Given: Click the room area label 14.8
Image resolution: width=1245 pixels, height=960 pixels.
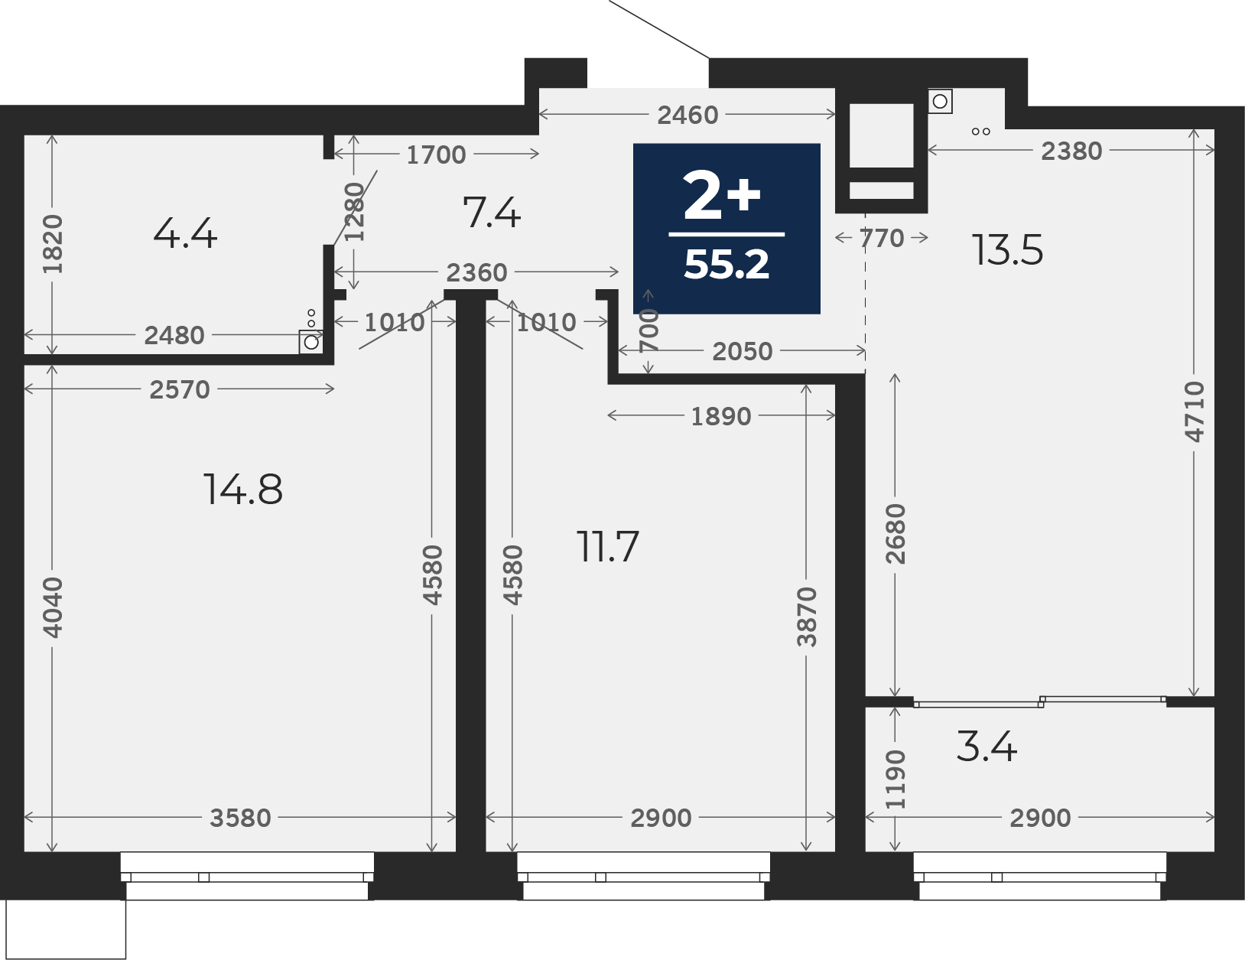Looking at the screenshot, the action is [243, 490].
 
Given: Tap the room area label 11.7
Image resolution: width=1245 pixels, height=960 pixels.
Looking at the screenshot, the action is [607, 546].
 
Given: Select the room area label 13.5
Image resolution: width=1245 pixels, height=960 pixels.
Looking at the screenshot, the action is [1008, 250].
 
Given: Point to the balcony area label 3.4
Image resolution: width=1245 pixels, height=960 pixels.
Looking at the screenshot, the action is [987, 747].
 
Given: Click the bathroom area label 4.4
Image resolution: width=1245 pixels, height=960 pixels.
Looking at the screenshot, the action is [185, 233].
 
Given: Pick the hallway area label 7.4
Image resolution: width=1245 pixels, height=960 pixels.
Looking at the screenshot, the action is [492, 213].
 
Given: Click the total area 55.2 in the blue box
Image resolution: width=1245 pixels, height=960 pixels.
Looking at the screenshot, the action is [727, 265].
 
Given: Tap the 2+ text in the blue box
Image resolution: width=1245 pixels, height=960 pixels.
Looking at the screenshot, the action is [722, 196].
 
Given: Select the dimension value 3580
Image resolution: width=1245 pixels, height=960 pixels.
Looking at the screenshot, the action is [240, 818].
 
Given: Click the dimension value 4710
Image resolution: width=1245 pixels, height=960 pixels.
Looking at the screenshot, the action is [1195, 412].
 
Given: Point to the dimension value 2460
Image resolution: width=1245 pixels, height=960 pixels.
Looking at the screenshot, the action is [688, 116].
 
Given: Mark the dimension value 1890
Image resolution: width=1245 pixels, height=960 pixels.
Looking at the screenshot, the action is [720, 417].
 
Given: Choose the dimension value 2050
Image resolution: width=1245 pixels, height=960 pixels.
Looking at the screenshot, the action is [743, 351].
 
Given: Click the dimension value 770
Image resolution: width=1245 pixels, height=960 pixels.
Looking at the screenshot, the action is [882, 238].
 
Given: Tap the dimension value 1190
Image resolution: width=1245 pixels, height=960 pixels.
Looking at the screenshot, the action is [896, 779].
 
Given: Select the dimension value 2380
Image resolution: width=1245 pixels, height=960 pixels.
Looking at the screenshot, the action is [1071, 151].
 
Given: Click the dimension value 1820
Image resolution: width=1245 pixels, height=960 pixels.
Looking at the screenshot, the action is [53, 243].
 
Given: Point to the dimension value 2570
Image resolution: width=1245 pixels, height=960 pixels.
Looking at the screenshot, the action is [180, 389].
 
